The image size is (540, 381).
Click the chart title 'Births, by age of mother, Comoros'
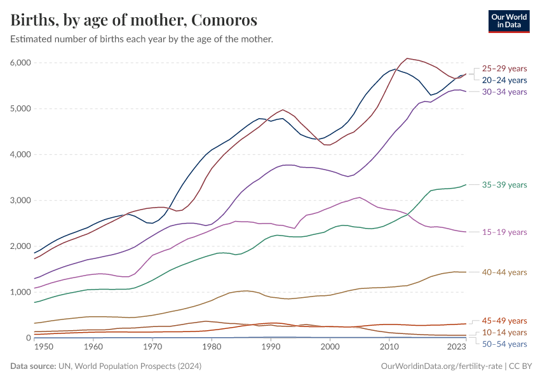click(134, 20)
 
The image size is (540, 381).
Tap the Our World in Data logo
click(508, 20)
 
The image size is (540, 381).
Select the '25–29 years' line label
click(504, 69)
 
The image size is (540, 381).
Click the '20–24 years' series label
click(504, 80)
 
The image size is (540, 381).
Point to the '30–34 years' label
click(504, 92)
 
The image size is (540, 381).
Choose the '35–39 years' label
click(504, 185)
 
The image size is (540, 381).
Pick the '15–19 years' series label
click(504, 232)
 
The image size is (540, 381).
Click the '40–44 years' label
click(504, 272)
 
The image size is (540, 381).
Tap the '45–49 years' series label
click(504, 321)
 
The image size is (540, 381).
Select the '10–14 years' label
click(504, 332)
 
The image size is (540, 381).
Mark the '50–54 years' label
click(504, 344)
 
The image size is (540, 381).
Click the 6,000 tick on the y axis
click(20, 63)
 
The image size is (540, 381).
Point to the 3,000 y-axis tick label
click(20, 201)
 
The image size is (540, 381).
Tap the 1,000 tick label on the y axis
click(20, 292)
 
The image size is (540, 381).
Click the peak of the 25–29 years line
click(407, 58)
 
